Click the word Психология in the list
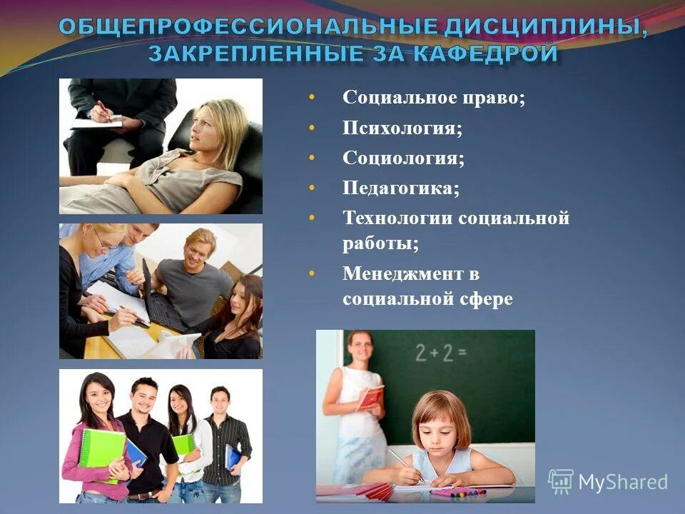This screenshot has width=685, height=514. coord(402,128)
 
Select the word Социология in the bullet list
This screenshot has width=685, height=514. coord(403,158)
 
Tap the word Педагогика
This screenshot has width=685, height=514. coord(400,188)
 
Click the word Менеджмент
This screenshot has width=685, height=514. coord(401,273)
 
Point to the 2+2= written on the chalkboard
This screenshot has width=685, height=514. coord(440,351)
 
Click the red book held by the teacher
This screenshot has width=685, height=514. coord(370,397)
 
